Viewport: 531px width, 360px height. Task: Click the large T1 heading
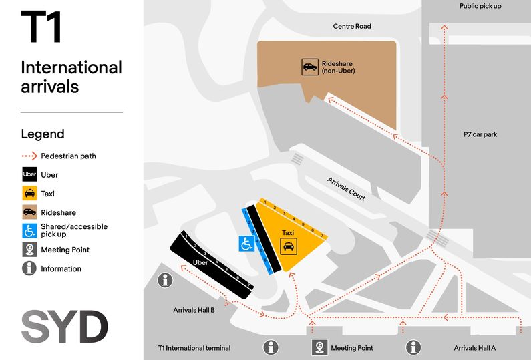[x=41, y=27]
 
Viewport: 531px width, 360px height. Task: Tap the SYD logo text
[x=64, y=327]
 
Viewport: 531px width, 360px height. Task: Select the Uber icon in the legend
[x=29, y=175]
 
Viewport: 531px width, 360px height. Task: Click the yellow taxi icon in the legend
[x=29, y=194]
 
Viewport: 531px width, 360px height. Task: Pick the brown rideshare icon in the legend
[x=29, y=212]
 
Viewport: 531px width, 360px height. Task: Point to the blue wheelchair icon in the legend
[x=29, y=231]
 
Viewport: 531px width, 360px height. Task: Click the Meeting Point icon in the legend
[x=29, y=250]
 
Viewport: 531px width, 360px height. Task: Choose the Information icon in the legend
[x=29, y=268]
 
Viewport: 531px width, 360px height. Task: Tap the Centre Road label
[x=352, y=27]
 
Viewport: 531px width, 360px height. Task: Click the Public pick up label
[x=480, y=6]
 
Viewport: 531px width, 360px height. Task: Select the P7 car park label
[x=480, y=134]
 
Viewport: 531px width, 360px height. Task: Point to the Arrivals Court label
[x=346, y=188]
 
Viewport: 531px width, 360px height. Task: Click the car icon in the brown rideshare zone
[x=310, y=67]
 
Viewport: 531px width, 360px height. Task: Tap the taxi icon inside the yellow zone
[x=288, y=247]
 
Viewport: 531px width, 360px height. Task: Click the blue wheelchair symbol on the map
[x=246, y=244]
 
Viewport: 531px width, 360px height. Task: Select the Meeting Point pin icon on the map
[x=319, y=347]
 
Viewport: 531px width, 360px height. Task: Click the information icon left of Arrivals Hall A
[x=414, y=347]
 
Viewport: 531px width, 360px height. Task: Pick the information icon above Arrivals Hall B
[x=165, y=281]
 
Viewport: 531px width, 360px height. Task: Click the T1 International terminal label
[x=194, y=348]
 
